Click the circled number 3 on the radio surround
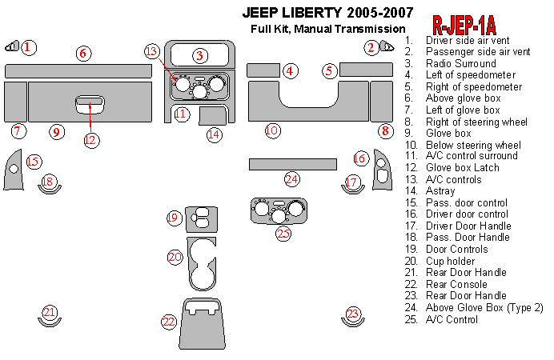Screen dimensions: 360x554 [x=199, y=55]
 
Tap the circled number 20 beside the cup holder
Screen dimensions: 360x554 [x=175, y=257]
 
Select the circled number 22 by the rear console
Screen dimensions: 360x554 [x=168, y=322]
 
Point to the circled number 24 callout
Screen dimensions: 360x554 [x=291, y=179]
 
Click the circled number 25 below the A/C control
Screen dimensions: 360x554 [x=283, y=234]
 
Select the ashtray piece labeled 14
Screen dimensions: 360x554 [x=212, y=116]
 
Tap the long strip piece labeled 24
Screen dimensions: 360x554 [x=291, y=164]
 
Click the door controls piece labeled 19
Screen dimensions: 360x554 [x=203, y=217]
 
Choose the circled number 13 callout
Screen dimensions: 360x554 [x=152, y=52]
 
